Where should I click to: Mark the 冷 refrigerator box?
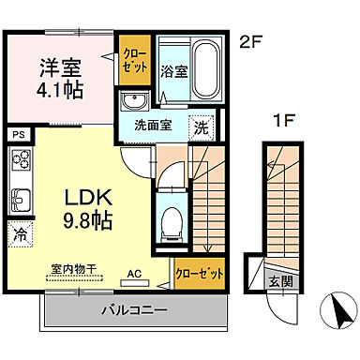tap(18, 233)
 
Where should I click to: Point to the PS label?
tap(17, 135)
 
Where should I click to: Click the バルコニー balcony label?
tap(130, 308)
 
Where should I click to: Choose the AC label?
tap(135, 276)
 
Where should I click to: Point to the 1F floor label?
tap(278, 121)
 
